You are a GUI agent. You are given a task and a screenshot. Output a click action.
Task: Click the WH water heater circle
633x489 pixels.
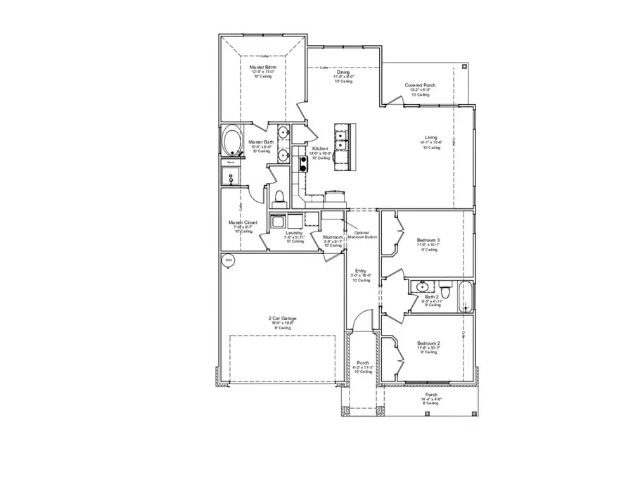pyautogui.click(x=226, y=260)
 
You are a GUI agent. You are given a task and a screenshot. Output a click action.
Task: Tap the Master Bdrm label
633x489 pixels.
pyautogui.click(x=262, y=68)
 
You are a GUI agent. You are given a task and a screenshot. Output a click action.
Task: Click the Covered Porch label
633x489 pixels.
pyautogui.click(x=420, y=85)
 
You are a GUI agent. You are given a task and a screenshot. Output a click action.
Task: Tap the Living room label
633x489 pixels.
pyautogui.click(x=430, y=138)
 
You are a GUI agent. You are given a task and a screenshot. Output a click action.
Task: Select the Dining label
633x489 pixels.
pyautogui.click(x=343, y=72)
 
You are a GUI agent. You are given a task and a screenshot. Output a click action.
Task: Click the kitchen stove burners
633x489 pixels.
pyautogui.click(x=303, y=163)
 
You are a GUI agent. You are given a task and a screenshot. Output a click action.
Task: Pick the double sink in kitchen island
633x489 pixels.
pyautogui.click(x=343, y=139)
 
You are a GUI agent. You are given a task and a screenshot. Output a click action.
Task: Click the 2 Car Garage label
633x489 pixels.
pyautogui.click(x=282, y=319)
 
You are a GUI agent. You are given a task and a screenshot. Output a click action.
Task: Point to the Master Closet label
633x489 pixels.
pyautogui.click(x=243, y=222)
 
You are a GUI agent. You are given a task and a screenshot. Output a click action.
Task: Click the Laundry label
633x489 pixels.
pyautogui.click(x=294, y=232)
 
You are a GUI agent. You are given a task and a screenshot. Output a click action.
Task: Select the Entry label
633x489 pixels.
pyautogui.click(x=360, y=271)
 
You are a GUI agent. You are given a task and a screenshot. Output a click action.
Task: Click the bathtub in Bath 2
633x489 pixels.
pyautogui.click(x=464, y=298)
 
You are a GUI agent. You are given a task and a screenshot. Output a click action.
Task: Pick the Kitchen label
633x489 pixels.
pyautogui.click(x=320, y=148)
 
